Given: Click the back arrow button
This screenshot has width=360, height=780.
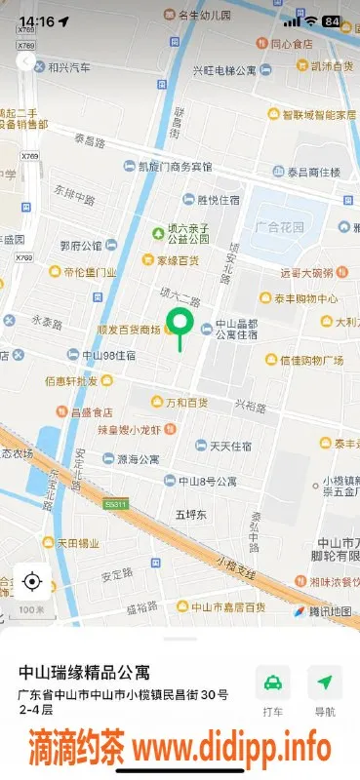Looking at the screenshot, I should click(25, 61).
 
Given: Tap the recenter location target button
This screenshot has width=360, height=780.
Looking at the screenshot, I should click(31, 582).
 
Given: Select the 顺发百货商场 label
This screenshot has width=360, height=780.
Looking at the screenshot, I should click(129, 330).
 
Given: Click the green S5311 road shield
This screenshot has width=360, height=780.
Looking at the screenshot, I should click(117, 503).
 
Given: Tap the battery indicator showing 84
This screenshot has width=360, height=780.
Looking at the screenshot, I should click(332, 20).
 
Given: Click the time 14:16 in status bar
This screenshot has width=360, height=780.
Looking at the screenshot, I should click(37, 20).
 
